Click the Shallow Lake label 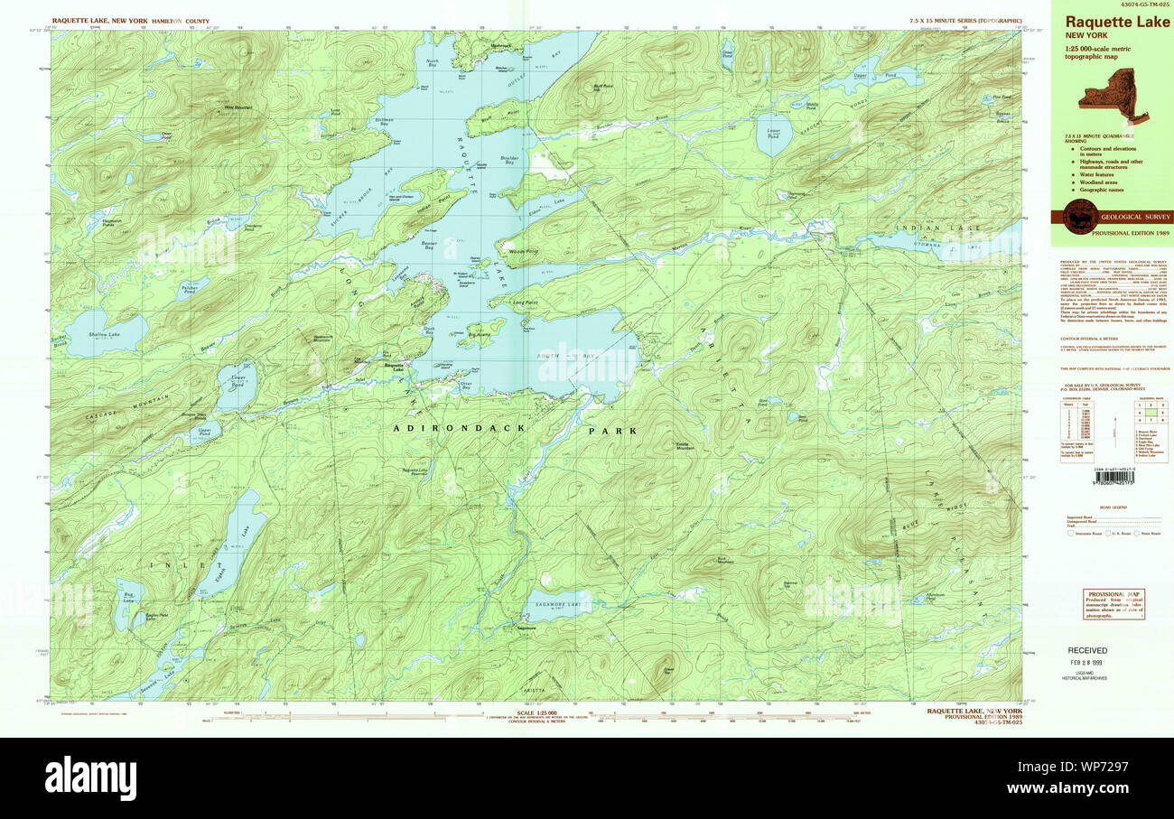87,335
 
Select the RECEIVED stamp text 1087,650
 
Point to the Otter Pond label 166,135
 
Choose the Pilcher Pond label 188,291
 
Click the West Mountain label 238,107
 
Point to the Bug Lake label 128,596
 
